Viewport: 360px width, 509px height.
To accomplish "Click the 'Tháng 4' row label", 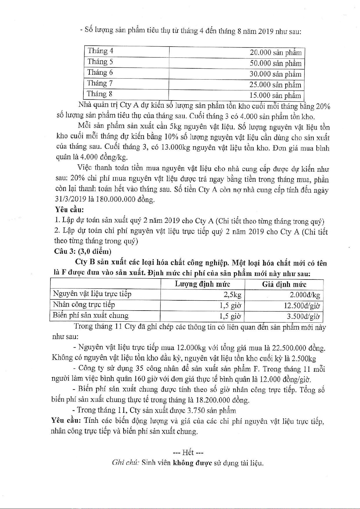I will point(100,51).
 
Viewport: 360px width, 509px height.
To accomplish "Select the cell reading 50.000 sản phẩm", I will point(275,64).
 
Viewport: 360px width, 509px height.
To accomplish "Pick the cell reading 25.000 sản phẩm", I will point(275,85).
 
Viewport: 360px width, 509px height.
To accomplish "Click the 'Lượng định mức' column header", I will point(203,284).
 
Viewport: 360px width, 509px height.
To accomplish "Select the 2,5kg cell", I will point(232,295).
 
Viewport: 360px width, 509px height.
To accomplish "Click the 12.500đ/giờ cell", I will point(302,306).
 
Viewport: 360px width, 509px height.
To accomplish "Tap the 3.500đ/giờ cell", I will point(303,317).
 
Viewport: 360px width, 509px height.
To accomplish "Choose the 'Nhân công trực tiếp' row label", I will point(84,305).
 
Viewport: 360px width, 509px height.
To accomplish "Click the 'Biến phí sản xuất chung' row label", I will point(90,315).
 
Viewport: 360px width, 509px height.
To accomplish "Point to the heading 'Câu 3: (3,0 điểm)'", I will point(83,252).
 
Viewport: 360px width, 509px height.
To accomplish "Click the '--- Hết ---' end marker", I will point(188,452).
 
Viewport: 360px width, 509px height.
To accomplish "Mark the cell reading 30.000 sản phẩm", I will point(275,74).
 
